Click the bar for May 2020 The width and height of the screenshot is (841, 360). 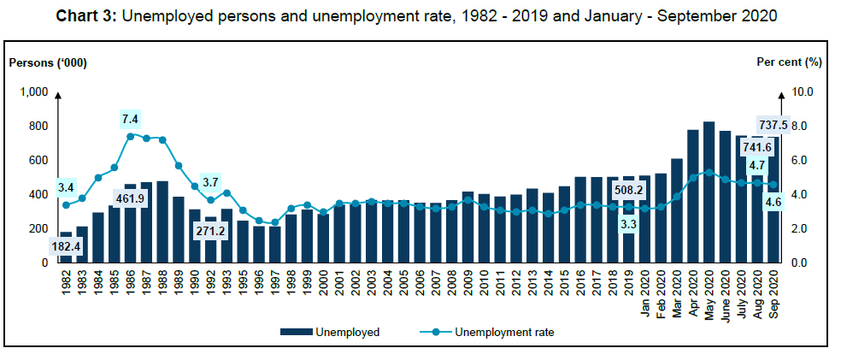click(x=709, y=192)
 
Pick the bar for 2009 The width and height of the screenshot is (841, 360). click(x=468, y=227)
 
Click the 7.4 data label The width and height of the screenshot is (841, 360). click(x=130, y=117)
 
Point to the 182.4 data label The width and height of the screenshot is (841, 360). click(x=67, y=246)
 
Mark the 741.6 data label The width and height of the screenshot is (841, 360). click(x=757, y=147)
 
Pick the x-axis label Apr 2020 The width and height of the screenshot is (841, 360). click(x=693, y=292)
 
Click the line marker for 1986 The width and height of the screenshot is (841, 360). click(x=131, y=136)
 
